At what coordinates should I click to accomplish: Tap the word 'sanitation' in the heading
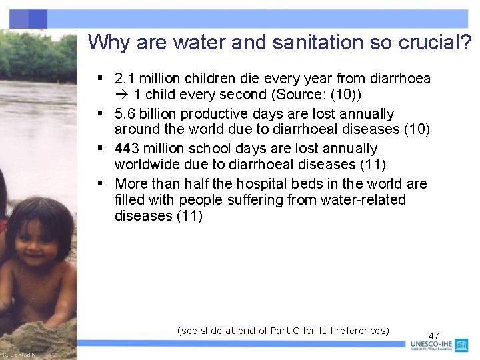(x=295, y=43)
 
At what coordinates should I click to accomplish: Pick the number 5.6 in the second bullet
(x=125, y=114)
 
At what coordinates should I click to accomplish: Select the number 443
(x=128, y=149)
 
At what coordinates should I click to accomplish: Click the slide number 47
(x=434, y=336)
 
